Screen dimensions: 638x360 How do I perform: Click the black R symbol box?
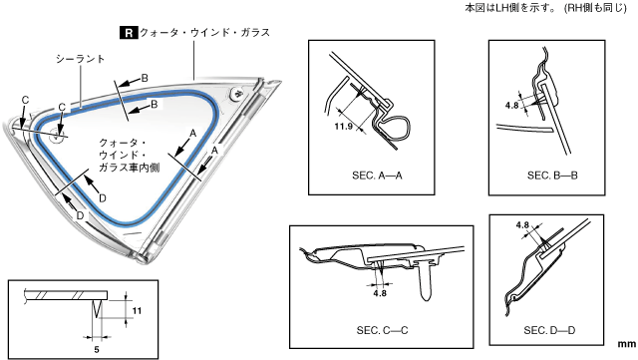pyautogui.click(x=129, y=33)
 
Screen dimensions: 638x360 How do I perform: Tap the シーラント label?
pyautogui.click(x=80, y=59)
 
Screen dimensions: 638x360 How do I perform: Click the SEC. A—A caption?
pyautogui.click(x=377, y=176)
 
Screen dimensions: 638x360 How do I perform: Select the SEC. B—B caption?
pyautogui.click(x=552, y=176)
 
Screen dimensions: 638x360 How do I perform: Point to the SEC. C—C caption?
pyautogui.click(x=382, y=330)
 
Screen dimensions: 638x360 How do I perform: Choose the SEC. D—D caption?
pyautogui.click(x=549, y=330)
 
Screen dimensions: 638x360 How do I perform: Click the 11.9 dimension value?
pyautogui.click(x=343, y=127)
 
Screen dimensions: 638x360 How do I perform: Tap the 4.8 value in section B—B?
pyautogui.click(x=511, y=105)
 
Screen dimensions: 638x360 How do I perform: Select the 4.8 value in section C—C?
pyautogui.click(x=380, y=293)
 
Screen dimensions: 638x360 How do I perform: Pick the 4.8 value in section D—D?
pyautogui.click(x=522, y=224)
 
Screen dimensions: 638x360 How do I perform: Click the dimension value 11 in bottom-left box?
pyautogui.click(x=137, y=311)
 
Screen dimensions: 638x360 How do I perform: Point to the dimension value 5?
pyautogui.click(x=97, y=349)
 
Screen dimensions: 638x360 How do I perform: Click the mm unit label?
pyautogui.click(x=627, y=344)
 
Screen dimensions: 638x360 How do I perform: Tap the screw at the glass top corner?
pyautogui.click(x=237, y=94)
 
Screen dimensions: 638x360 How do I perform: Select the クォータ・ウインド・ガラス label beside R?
pyautogui.click(x=204, y=33)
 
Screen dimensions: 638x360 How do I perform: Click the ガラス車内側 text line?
pyautogui.click(x=129, y=168)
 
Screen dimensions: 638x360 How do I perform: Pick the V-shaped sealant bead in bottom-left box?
pyautogui.click(x=97, y=309)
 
